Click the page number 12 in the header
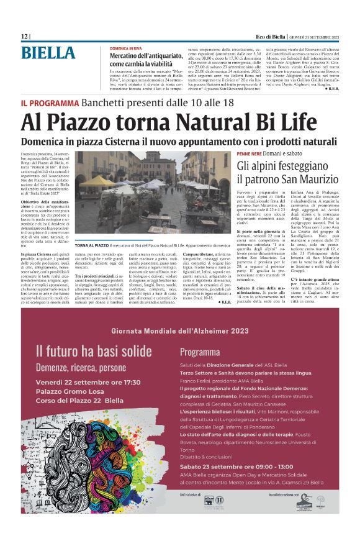click(24, 37)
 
